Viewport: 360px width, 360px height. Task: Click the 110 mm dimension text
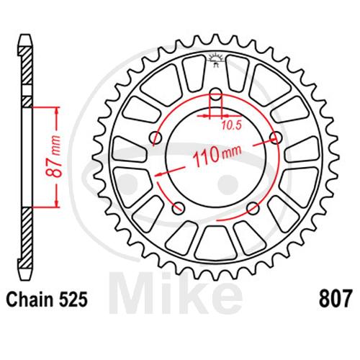point(217,156)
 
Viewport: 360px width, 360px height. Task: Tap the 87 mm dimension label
point(53,157)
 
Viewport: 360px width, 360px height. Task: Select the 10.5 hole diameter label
point(231,125)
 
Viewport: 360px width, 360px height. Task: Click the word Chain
point(30,300)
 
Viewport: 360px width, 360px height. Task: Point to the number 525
point(73,300)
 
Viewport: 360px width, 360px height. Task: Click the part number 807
point(336,300)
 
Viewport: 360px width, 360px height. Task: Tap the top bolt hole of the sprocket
point(216,94)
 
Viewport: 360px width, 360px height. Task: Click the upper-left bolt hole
point(156,138)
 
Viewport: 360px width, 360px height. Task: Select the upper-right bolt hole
point(276,138)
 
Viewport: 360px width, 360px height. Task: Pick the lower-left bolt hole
point(179,208)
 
